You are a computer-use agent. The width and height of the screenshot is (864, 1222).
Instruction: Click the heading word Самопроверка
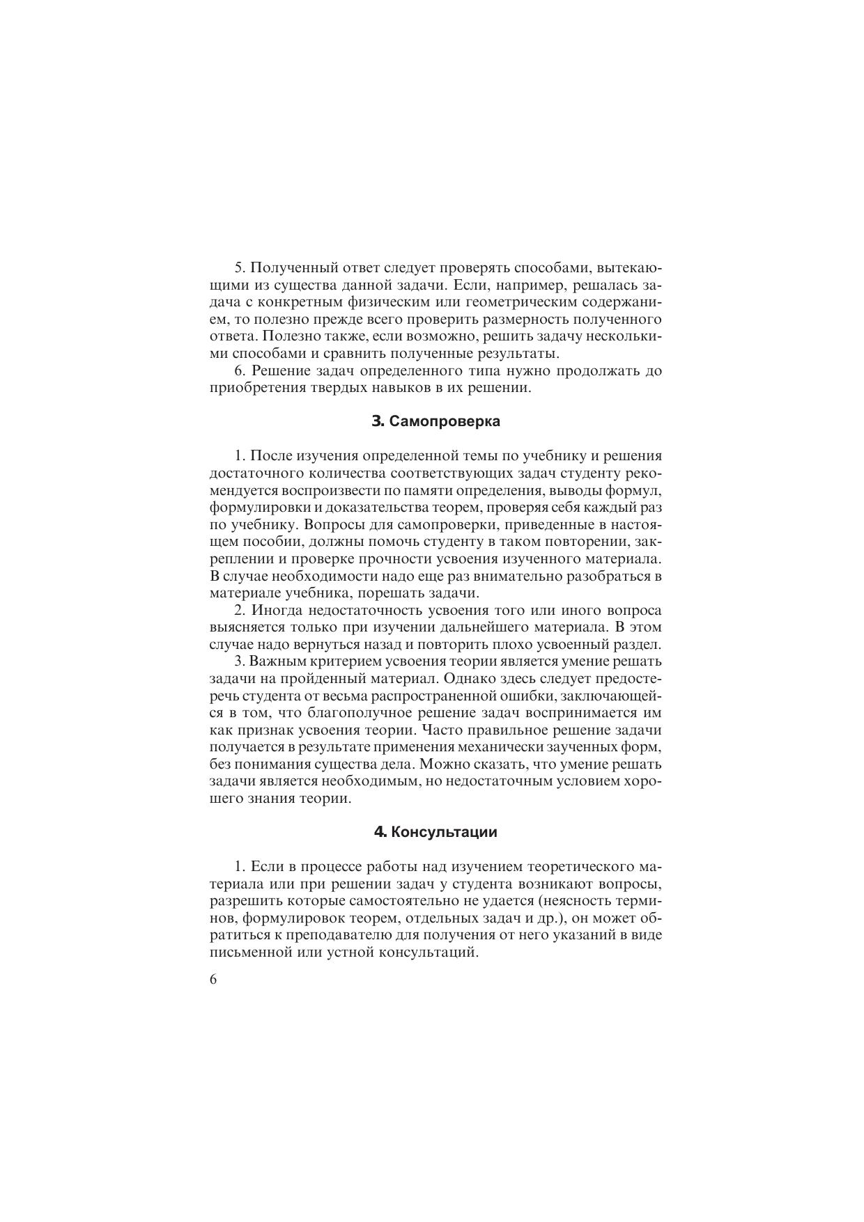444,421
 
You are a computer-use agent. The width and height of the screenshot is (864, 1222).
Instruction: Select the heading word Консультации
444,832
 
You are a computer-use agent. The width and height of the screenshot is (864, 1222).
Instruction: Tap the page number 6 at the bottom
213,980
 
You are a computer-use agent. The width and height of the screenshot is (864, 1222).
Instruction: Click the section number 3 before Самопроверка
378,421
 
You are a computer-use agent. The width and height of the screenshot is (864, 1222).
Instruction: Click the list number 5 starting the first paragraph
238,269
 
